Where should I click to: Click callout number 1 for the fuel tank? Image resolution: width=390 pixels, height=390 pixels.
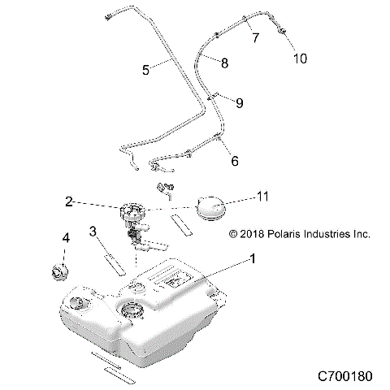click(x=253, y=262)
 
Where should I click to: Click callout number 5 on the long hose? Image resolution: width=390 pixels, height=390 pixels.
click(x=146, y=70)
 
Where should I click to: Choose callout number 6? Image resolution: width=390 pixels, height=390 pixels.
click(x=235, y=161)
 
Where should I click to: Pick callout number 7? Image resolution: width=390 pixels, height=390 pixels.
click(x=256, y=37)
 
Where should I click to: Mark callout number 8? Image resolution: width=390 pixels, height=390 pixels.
click(x=225, y=62)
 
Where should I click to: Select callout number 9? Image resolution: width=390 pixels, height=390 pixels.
click(x=238, y=102)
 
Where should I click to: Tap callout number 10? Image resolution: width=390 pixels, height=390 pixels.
click(x=300, y=58)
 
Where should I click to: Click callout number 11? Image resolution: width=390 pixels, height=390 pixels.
click(x=262, y=197)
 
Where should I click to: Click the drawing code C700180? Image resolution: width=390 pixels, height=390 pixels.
click(x=344, y=377)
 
